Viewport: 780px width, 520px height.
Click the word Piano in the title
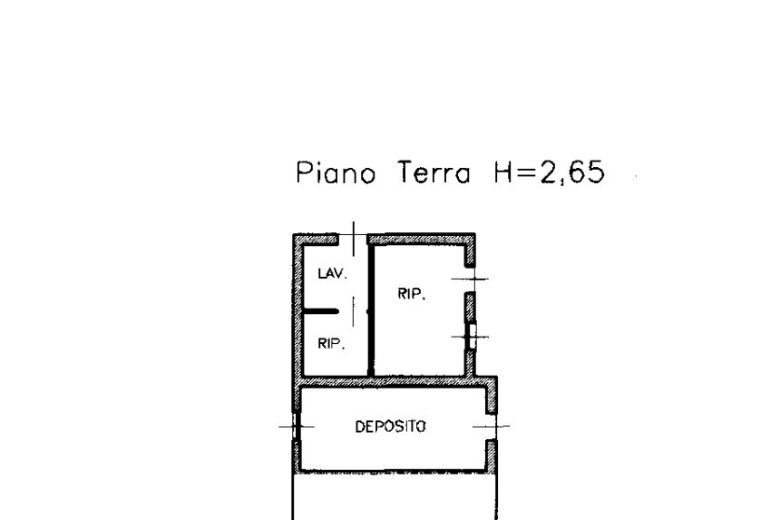coord(336,172)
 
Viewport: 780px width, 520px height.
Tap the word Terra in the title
coord(434,172)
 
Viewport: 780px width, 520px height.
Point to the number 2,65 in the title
coord(572,172)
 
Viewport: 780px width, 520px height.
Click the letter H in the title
coord(504,172)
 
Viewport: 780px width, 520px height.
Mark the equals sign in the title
coord(527,173)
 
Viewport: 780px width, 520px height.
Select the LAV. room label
coord(332,273)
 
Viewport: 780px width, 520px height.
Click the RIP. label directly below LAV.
coord(331,343)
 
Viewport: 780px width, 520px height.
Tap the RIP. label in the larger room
coord(412,294)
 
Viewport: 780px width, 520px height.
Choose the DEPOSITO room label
coord(391,427)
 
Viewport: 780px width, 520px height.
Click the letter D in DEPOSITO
coord(360,427)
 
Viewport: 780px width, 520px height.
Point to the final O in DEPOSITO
coord(422,427)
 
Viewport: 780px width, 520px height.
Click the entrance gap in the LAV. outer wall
coord(353,240)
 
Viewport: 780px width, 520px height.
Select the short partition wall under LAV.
coord(321,311)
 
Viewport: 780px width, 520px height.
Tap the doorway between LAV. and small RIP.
coord(353,311)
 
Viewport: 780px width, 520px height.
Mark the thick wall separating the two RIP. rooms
coord(371,310)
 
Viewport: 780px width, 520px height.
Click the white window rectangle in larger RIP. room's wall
coord(473,337)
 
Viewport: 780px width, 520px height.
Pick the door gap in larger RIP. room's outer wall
coord(470,280)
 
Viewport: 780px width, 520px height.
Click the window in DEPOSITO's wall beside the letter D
coord(297,426)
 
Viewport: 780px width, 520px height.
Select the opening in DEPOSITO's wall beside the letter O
coord(492,427)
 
